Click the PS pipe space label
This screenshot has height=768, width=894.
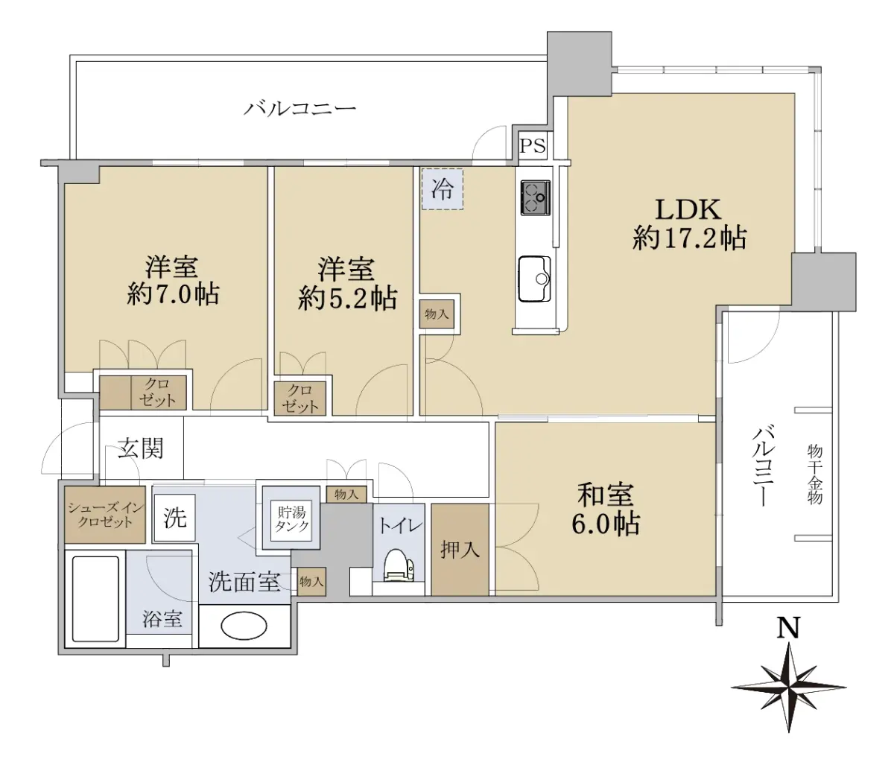533,146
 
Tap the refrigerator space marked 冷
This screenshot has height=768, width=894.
443,189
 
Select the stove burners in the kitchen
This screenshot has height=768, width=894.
536,197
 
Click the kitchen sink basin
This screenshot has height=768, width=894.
535,279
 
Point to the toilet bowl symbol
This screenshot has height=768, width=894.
399,565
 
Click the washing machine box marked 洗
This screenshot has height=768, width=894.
175,517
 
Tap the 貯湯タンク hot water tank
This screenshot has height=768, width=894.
291,520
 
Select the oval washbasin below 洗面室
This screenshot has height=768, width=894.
244,625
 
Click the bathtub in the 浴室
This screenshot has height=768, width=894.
95,599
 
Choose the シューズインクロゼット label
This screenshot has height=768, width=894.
104,515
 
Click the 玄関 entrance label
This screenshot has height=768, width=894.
141,448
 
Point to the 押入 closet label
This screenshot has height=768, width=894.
460,550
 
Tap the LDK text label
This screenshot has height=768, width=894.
688,210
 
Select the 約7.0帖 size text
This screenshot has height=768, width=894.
173,294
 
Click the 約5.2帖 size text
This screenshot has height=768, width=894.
347,298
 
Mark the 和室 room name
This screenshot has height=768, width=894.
606,495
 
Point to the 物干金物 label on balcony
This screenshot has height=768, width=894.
815,474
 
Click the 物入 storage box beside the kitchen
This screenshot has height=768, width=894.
437,314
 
